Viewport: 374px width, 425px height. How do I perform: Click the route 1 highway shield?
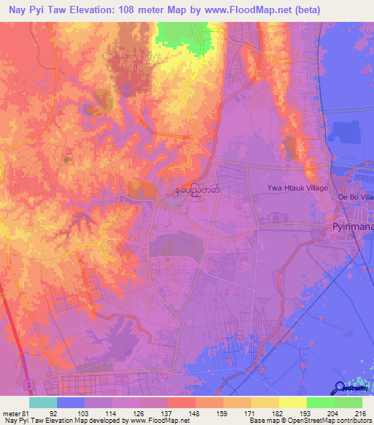tap(26, 384)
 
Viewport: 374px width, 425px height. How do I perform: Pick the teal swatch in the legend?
tap(42, 402)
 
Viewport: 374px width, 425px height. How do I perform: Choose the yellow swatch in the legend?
tap(293, 402)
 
